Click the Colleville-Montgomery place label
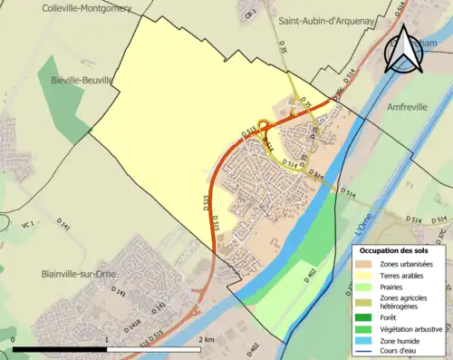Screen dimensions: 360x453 [x=86, y=8]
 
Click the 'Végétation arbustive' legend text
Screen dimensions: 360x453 [x=413, y=328]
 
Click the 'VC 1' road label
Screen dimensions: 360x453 [x=27, y=224]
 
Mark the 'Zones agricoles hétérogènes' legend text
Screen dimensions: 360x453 [x=405, y=302]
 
